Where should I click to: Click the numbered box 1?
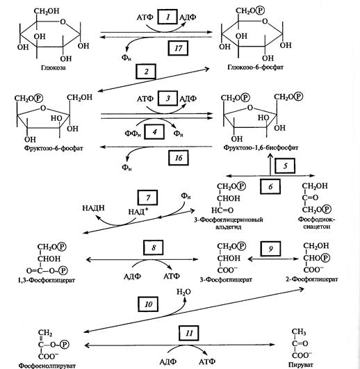167,17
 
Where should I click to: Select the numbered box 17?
178,48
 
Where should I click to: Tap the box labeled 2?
146,72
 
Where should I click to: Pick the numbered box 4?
154,132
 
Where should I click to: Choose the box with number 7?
147,197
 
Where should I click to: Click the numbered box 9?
270,249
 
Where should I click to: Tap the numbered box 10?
148,304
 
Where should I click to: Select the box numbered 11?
189,334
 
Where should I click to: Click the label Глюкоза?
54,68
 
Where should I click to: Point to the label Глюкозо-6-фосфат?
255,67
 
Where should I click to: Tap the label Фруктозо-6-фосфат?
54,148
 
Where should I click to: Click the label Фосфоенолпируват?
47,366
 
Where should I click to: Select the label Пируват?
301,365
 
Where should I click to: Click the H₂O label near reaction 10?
183,292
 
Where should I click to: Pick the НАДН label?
93,208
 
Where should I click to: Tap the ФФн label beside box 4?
133,133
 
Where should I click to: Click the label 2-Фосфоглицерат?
312,279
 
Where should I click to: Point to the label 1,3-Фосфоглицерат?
47,280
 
